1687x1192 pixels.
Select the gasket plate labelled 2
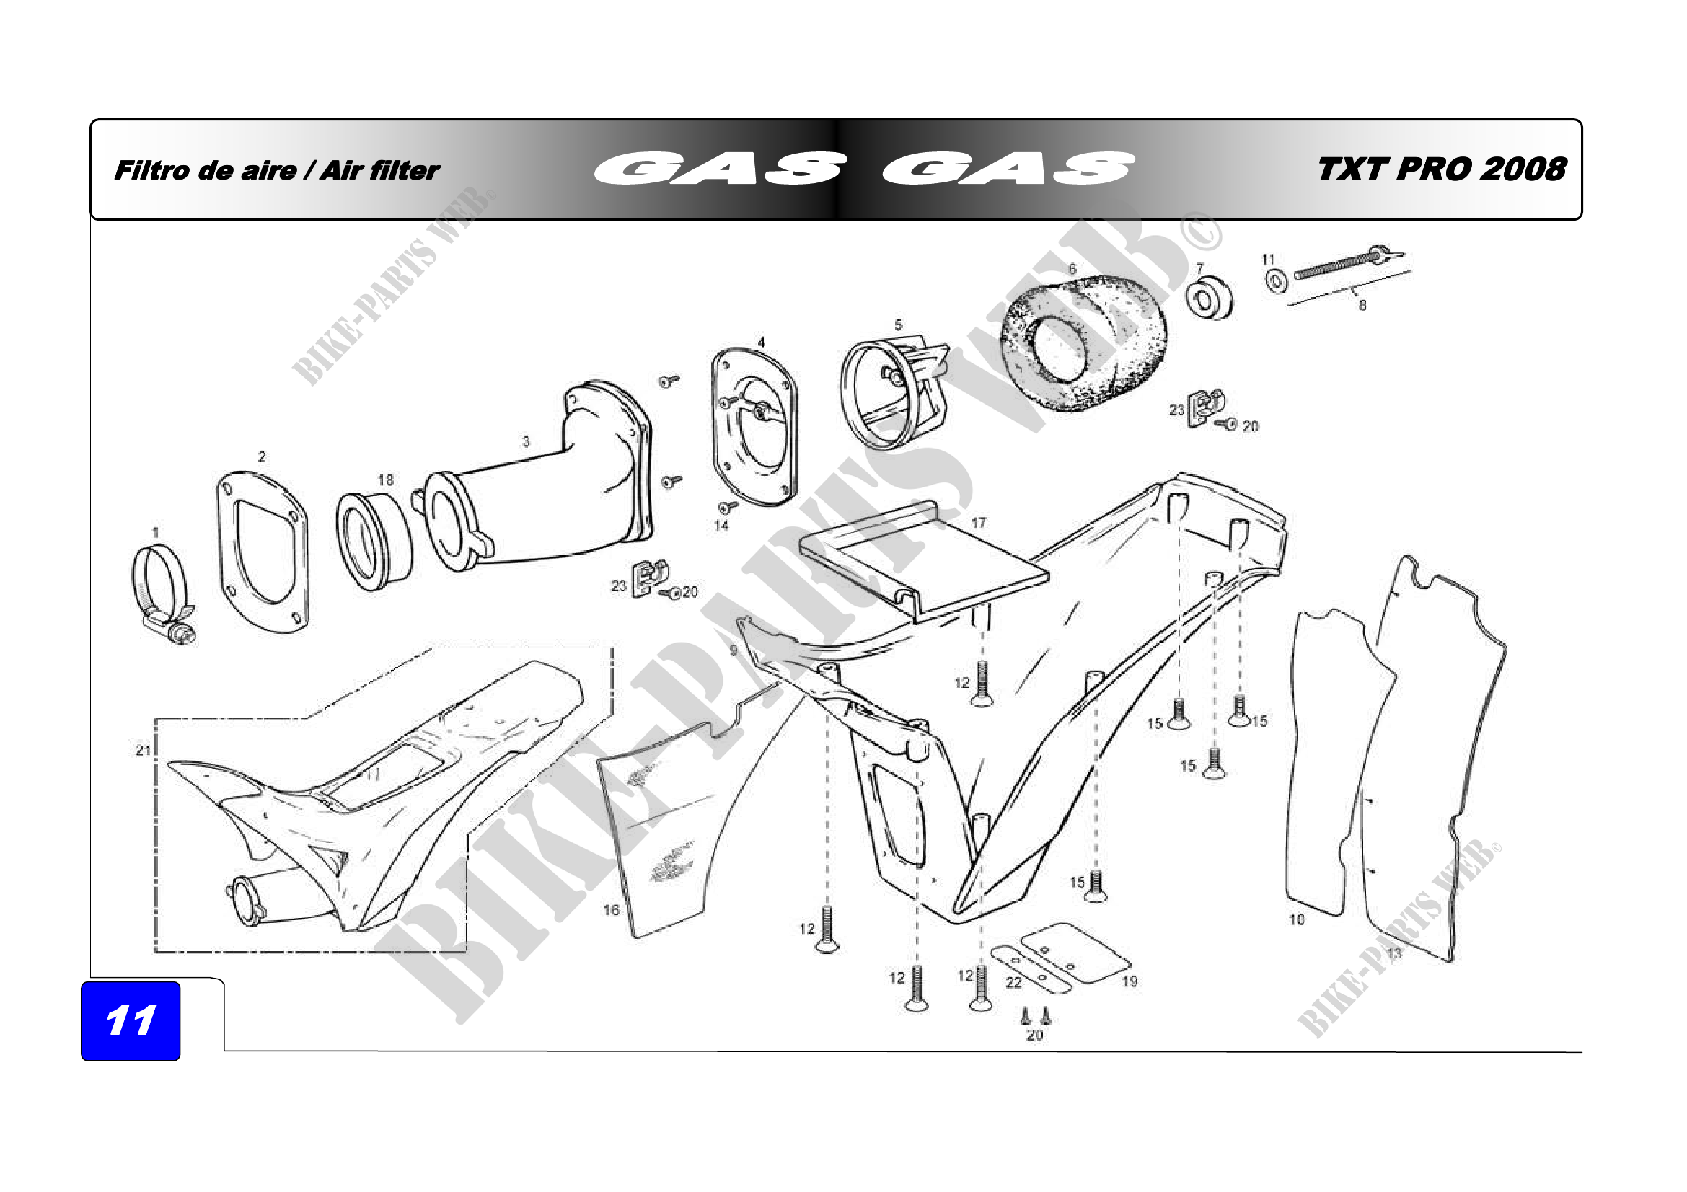(263, 552)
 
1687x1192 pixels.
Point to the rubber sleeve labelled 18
(374, 542)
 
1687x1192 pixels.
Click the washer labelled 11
(1277, 281)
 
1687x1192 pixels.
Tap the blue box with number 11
(130, 1020)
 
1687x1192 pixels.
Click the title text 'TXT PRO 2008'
(1442, 169)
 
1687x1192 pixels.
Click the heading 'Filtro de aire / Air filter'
(277, 170)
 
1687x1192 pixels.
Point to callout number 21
(144, 750)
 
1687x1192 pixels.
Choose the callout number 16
(612, 910)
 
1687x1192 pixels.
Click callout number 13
(1394, 953)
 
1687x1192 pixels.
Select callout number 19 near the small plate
(1129, 981)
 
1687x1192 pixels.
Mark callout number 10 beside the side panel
(1297, 919)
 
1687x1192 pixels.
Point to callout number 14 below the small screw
(721, 525)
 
